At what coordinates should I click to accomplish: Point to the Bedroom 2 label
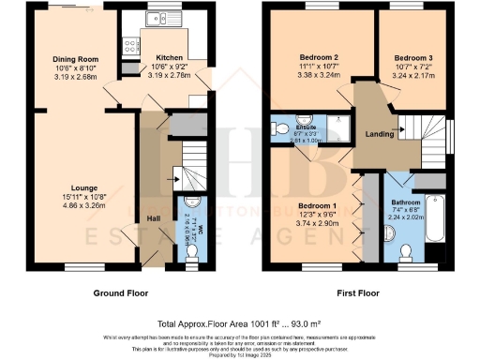(x=319, y=57)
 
